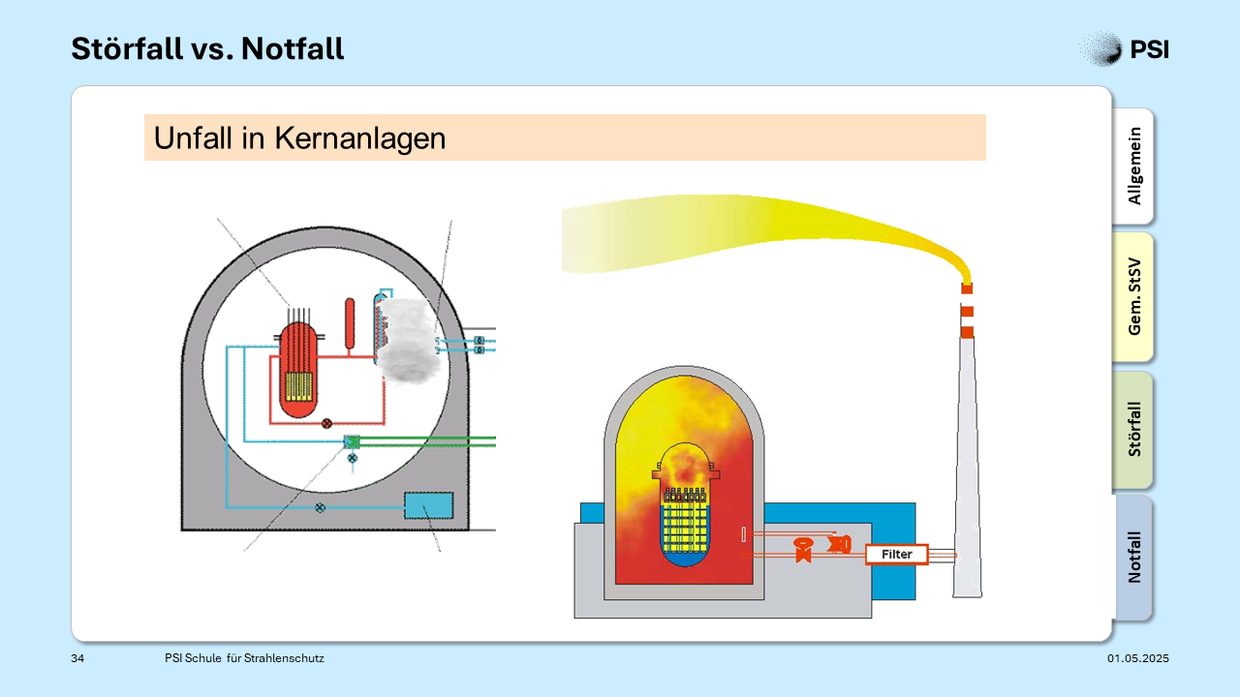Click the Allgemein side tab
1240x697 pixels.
1133,166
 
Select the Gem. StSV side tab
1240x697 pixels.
1133,296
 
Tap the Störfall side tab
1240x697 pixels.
1133,429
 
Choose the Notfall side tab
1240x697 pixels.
1133,557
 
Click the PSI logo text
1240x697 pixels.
1149,49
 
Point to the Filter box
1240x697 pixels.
897,555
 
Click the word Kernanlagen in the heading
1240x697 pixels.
359,138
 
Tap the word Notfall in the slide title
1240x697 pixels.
293,48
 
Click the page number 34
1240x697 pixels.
77,658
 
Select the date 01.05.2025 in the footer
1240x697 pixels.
1138,658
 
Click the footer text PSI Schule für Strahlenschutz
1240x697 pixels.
244,658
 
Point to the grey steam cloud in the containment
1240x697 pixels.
409,341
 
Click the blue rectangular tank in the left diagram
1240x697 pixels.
428,505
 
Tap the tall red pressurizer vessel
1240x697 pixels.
350,323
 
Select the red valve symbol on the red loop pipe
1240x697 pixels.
326,424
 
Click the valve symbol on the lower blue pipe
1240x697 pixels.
320,508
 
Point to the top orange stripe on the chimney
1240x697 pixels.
967,288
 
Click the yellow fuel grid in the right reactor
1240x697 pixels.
685,521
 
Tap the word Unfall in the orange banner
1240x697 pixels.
193,138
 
